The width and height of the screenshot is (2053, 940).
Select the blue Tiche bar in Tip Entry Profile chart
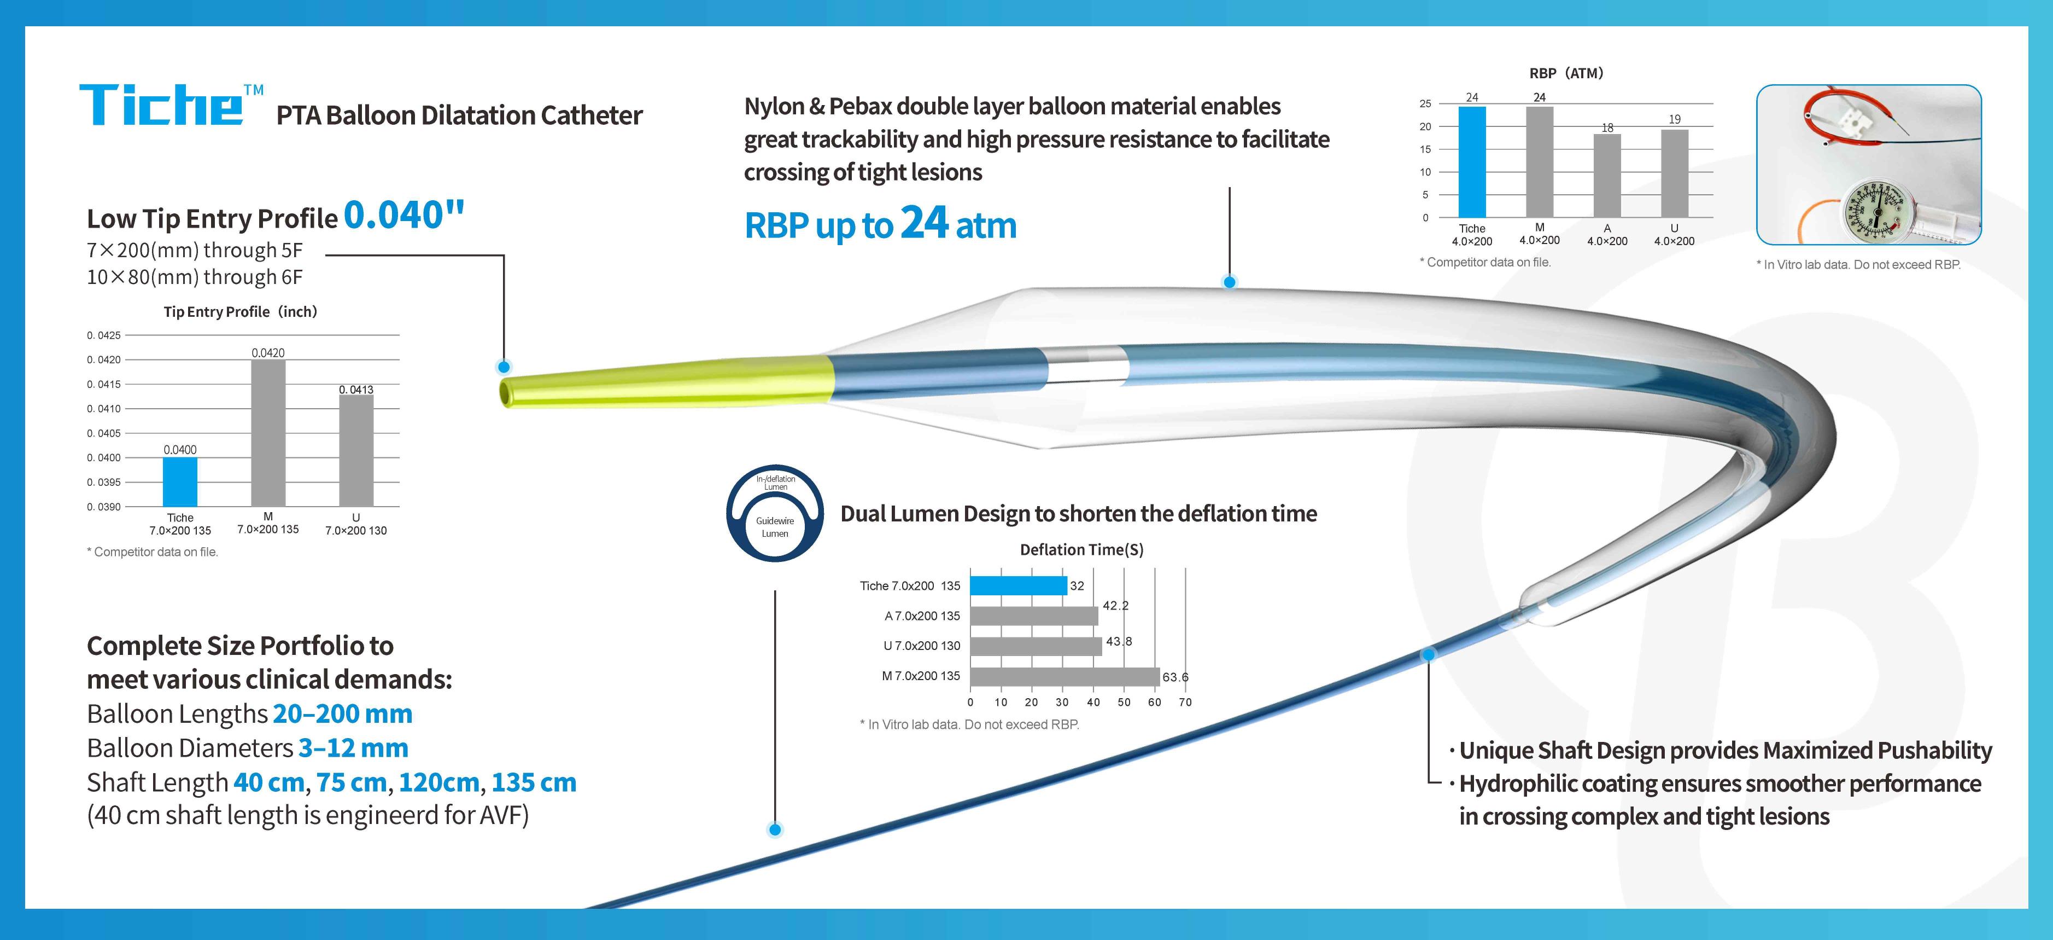click(x=180, y=481)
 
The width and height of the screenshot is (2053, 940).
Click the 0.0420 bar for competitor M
click(x=268, y=433)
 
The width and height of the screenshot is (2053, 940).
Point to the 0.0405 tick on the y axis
click(x=103, y=433)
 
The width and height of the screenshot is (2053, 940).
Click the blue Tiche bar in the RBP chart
click(x=1472, y=162)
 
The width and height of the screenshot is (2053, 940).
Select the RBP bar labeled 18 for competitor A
click(x=1607, y=176)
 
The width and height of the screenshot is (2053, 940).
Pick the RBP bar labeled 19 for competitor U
click(x=1675, y=174)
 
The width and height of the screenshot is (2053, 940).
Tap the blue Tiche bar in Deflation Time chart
click(x=1019, y=586)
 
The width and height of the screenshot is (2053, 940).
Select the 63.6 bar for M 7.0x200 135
click(x=1064, y=676)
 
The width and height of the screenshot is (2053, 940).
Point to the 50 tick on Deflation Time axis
click(x=1124, y=703)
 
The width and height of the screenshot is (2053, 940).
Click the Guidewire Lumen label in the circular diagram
click(x=775, y=527)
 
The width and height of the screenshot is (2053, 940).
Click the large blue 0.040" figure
click(x=404, y=214)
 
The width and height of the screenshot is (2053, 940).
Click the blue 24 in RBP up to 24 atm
click(x=925, y=223)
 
